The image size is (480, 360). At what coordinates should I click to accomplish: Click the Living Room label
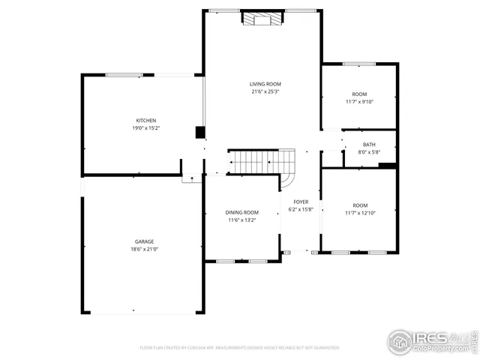pyautogui.click(x=265, y=84)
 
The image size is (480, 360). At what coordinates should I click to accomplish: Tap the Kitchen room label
pyautogui.click(x=145, y=121)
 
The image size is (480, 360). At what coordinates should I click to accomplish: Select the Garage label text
pyautogui.click(x=145, y=241)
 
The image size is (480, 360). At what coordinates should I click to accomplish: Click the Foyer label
pyautogui.click(x=300, y=202)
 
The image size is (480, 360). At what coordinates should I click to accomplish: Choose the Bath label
pyautogui.click(x=369, y=145)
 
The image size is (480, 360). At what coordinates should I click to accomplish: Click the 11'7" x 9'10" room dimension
pyautogui.click(x=359, y=101)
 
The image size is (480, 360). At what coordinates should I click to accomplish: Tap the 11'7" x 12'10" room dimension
pyautogui.click(x=360, y=213)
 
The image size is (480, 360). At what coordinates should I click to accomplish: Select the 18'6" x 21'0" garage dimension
pyautogui.click(x=145, y=249)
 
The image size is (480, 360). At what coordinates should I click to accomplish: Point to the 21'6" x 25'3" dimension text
pyautogui.click(x=265, y=91)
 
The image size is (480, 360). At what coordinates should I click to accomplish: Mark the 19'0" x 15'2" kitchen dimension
pyautogui.click(x=145, y=128)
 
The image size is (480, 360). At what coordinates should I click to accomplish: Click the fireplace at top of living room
pyautogui.click(x=262, y=18)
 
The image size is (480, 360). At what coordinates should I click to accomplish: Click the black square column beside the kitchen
pyautogui.click(x=200, y=133)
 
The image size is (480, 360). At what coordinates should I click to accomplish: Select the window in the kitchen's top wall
pyautogui.click(x=124, y=74)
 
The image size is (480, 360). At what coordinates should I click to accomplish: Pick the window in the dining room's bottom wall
pyautogui.click(x=243, y=261)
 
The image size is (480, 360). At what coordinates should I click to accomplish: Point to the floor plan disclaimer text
pyautogui.click(x=240, y=348)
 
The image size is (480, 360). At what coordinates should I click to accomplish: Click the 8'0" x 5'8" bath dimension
pyautogui.click(x=369, y=152)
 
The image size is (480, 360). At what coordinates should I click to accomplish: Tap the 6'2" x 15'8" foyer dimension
pyautogui.click(x=300, y=209)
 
